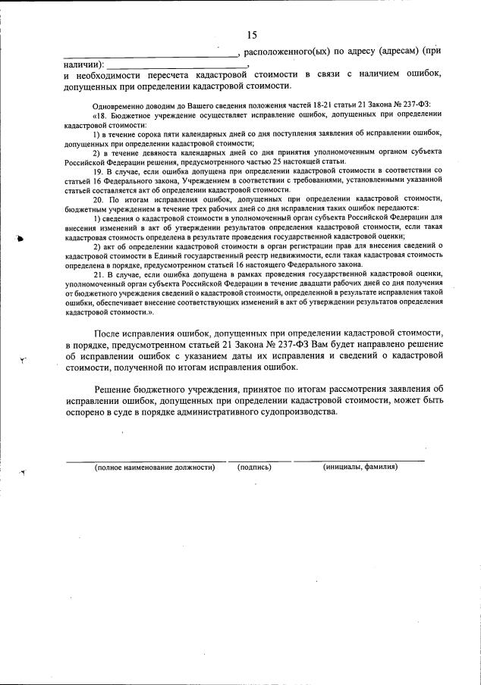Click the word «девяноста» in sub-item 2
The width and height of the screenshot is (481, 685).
[x=152, y=152]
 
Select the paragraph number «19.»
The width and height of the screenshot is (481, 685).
[x=99, y=171]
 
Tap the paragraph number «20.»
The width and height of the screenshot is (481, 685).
[x=99, y=199]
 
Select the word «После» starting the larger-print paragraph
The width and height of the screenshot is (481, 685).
[x=109, y=334]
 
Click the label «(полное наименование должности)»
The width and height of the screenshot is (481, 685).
[x=155, y=467]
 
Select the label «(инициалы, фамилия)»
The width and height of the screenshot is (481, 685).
[x=360, y=467]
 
